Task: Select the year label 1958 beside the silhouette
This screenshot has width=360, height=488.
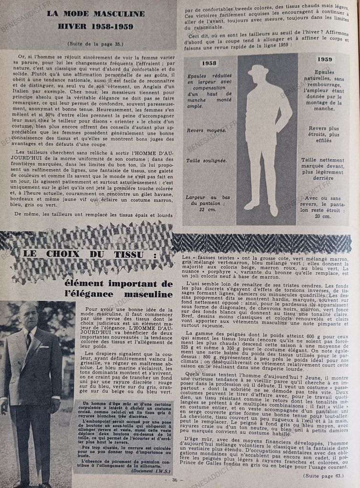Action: pos(209,63)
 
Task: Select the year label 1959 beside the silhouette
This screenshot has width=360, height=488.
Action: pos(324,60)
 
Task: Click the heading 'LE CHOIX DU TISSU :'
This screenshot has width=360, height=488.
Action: pos(90,254)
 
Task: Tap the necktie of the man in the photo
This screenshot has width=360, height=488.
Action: pos(29,340)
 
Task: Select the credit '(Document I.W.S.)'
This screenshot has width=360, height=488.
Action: pos(150,470)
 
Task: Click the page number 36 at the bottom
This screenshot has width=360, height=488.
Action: pos(175,480)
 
